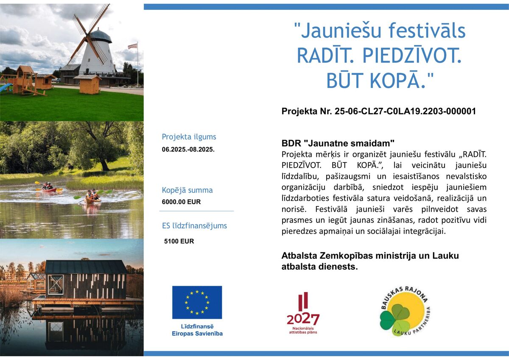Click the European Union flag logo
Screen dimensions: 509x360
pyautogui.click(x=197, y=302)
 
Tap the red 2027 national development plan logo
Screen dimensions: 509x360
pyautogui.click(x=303, y=313)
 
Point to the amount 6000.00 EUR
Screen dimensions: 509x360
pyautogui.click(x=182, y=202)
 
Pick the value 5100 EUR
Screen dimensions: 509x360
pyautogui.click(x=179, y=241)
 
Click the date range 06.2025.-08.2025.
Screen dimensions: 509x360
pyautogui.click(x=188, y=149)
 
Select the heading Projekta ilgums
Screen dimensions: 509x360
pyautogui.click(x=189, y=137)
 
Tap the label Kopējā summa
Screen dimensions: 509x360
pyautogui.click(x=187, y=190)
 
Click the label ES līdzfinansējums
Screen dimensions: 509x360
pyautogui.click(x=195, y=225)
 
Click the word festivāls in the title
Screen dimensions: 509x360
pyautogui.click(x=427, y=31)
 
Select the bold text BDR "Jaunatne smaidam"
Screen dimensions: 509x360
pyautogui.click(x=338, y=143)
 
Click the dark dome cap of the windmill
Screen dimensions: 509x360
pyautogui.click(x=101, y=36)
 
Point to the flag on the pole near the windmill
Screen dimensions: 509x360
pyautogui.click(x=133, y=46)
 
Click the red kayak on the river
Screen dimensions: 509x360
pyautogui.click(x=49, y=190)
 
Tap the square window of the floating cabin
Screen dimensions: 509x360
pyautogui.click(x=56, y=284)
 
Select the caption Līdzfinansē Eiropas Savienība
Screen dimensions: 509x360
pyautogui.click(x=197, y=330)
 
